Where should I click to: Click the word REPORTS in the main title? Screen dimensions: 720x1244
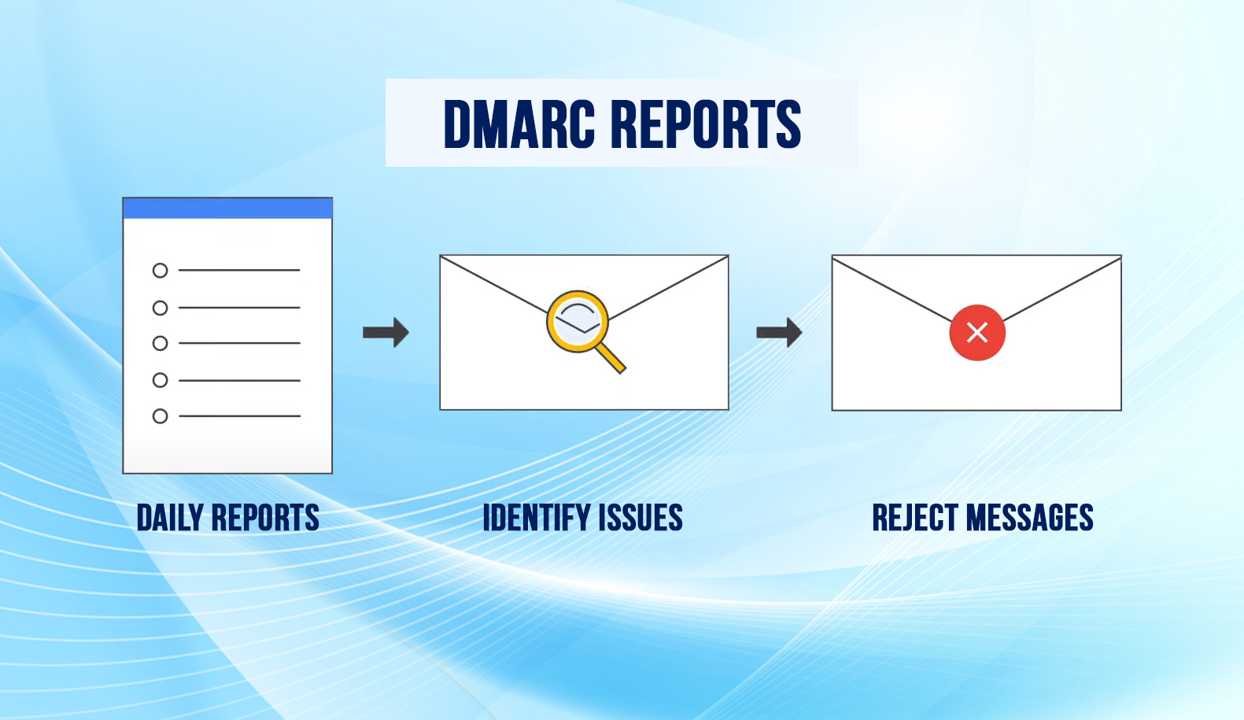tap(706, 124)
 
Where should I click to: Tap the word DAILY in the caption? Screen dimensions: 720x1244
tap(170, 518)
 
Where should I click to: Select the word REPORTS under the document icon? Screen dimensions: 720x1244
tap(265, 518)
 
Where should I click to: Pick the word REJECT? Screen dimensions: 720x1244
tap(914, 518)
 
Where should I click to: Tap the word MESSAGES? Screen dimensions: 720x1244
tap(1030, 518)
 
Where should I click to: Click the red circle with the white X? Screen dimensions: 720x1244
tap(976, 333)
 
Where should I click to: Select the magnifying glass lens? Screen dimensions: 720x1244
tap(578, 320)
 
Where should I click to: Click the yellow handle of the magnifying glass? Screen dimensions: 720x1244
tap(611, 358)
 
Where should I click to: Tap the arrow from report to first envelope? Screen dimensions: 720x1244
tap(386, 332)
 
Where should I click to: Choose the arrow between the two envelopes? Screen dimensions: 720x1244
tap(779, 332)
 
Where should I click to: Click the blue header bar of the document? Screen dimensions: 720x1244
tap(227, 209)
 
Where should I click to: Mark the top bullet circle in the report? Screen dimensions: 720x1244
tap(160, 271)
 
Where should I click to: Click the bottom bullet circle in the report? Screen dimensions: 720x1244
tap(160, 416)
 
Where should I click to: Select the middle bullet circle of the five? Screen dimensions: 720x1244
tap(160, 344)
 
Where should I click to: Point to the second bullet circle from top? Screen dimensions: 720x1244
tap(160, 308)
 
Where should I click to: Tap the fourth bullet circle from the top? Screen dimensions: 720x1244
tap(160, 381)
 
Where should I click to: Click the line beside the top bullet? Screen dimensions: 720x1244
tap(239, 270)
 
